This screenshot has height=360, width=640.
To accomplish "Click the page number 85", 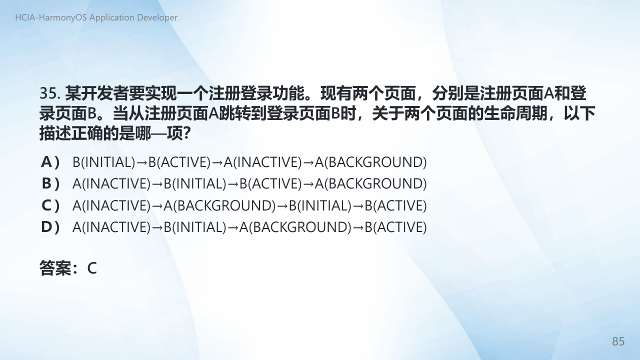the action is click(618, 341).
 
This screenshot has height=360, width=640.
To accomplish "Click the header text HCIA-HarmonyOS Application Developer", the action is click(96, 17).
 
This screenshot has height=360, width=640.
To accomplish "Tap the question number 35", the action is click(49, 93).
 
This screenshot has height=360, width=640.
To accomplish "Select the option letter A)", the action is click(50, 162).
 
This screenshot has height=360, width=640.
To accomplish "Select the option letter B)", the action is click(50, 183).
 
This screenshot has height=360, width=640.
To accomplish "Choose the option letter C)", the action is click(50, 205).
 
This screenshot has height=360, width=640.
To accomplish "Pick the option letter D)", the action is click(50, 227).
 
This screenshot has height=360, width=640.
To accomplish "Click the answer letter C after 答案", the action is click(91, 268).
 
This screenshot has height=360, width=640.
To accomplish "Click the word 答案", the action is click(55, 268).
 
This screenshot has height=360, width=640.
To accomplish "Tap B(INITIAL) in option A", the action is click(103, 162).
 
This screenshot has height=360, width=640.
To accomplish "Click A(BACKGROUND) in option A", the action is click(370, 162).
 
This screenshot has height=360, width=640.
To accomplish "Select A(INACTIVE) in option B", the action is click(111, 183).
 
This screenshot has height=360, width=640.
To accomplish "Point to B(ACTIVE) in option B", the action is click(270, 183).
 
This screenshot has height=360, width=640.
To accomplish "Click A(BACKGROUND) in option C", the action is click(219, 205).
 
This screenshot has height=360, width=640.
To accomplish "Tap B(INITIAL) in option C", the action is click(320, 205).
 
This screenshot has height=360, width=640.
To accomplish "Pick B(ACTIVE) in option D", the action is click(395, 227).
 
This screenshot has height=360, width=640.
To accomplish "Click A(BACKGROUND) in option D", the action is click(295, 227).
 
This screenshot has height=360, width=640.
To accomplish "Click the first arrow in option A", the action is click(141, 163).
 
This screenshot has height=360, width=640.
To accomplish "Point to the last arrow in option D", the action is click(358, 228).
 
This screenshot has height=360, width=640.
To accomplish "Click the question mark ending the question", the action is click(186, 133).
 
